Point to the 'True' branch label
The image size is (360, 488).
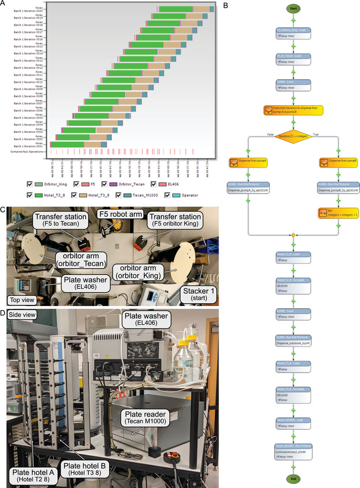click(316, 134)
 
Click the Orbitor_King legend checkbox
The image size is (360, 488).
click(30, 184)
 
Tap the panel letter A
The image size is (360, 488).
click(5, 5)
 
